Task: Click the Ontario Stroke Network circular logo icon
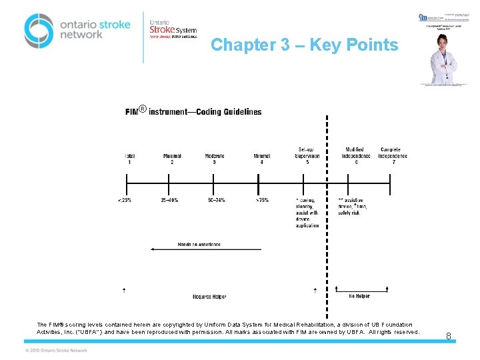pyautogui.click(x=39, y=30)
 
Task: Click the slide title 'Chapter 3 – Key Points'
pyautogui.click(x=305, y=45)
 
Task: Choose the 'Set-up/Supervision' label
pyautogui.click(x=307, y=153)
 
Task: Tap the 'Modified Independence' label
pyautogui.click(x=355, y=153)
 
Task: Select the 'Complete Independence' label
pyautogui.click(x=393, y=153)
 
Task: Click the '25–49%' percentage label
pyautogui.click(x=170, y=200)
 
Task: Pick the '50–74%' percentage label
pyautogui.click(x=217, y=200)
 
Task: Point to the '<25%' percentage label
pyautogui.click(x=125, y=200)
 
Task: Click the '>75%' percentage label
pyautogui.click(x=262, y=200)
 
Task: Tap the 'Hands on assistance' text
pyautogui.click(x=199, y=244)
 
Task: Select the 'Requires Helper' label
pyautogui.click(x=209, y=296)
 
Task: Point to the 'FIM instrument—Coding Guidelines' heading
pyautogui.click(x=193, y=111)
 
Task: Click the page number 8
pyautogui.click(x=449, y=337)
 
